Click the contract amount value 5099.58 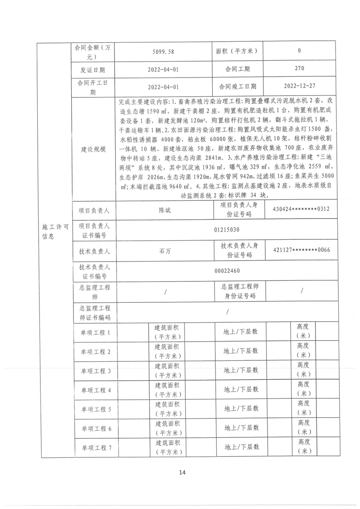(x=163, y=52)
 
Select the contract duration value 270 (x=299, y=69)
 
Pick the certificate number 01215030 (x=227, y=230)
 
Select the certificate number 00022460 (x=227, y=271)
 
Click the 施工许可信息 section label (x=54, y=230)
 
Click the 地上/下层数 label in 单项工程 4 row (x=241, y=389)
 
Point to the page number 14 (x=182, y=472)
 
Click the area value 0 (x=299, y=51)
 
